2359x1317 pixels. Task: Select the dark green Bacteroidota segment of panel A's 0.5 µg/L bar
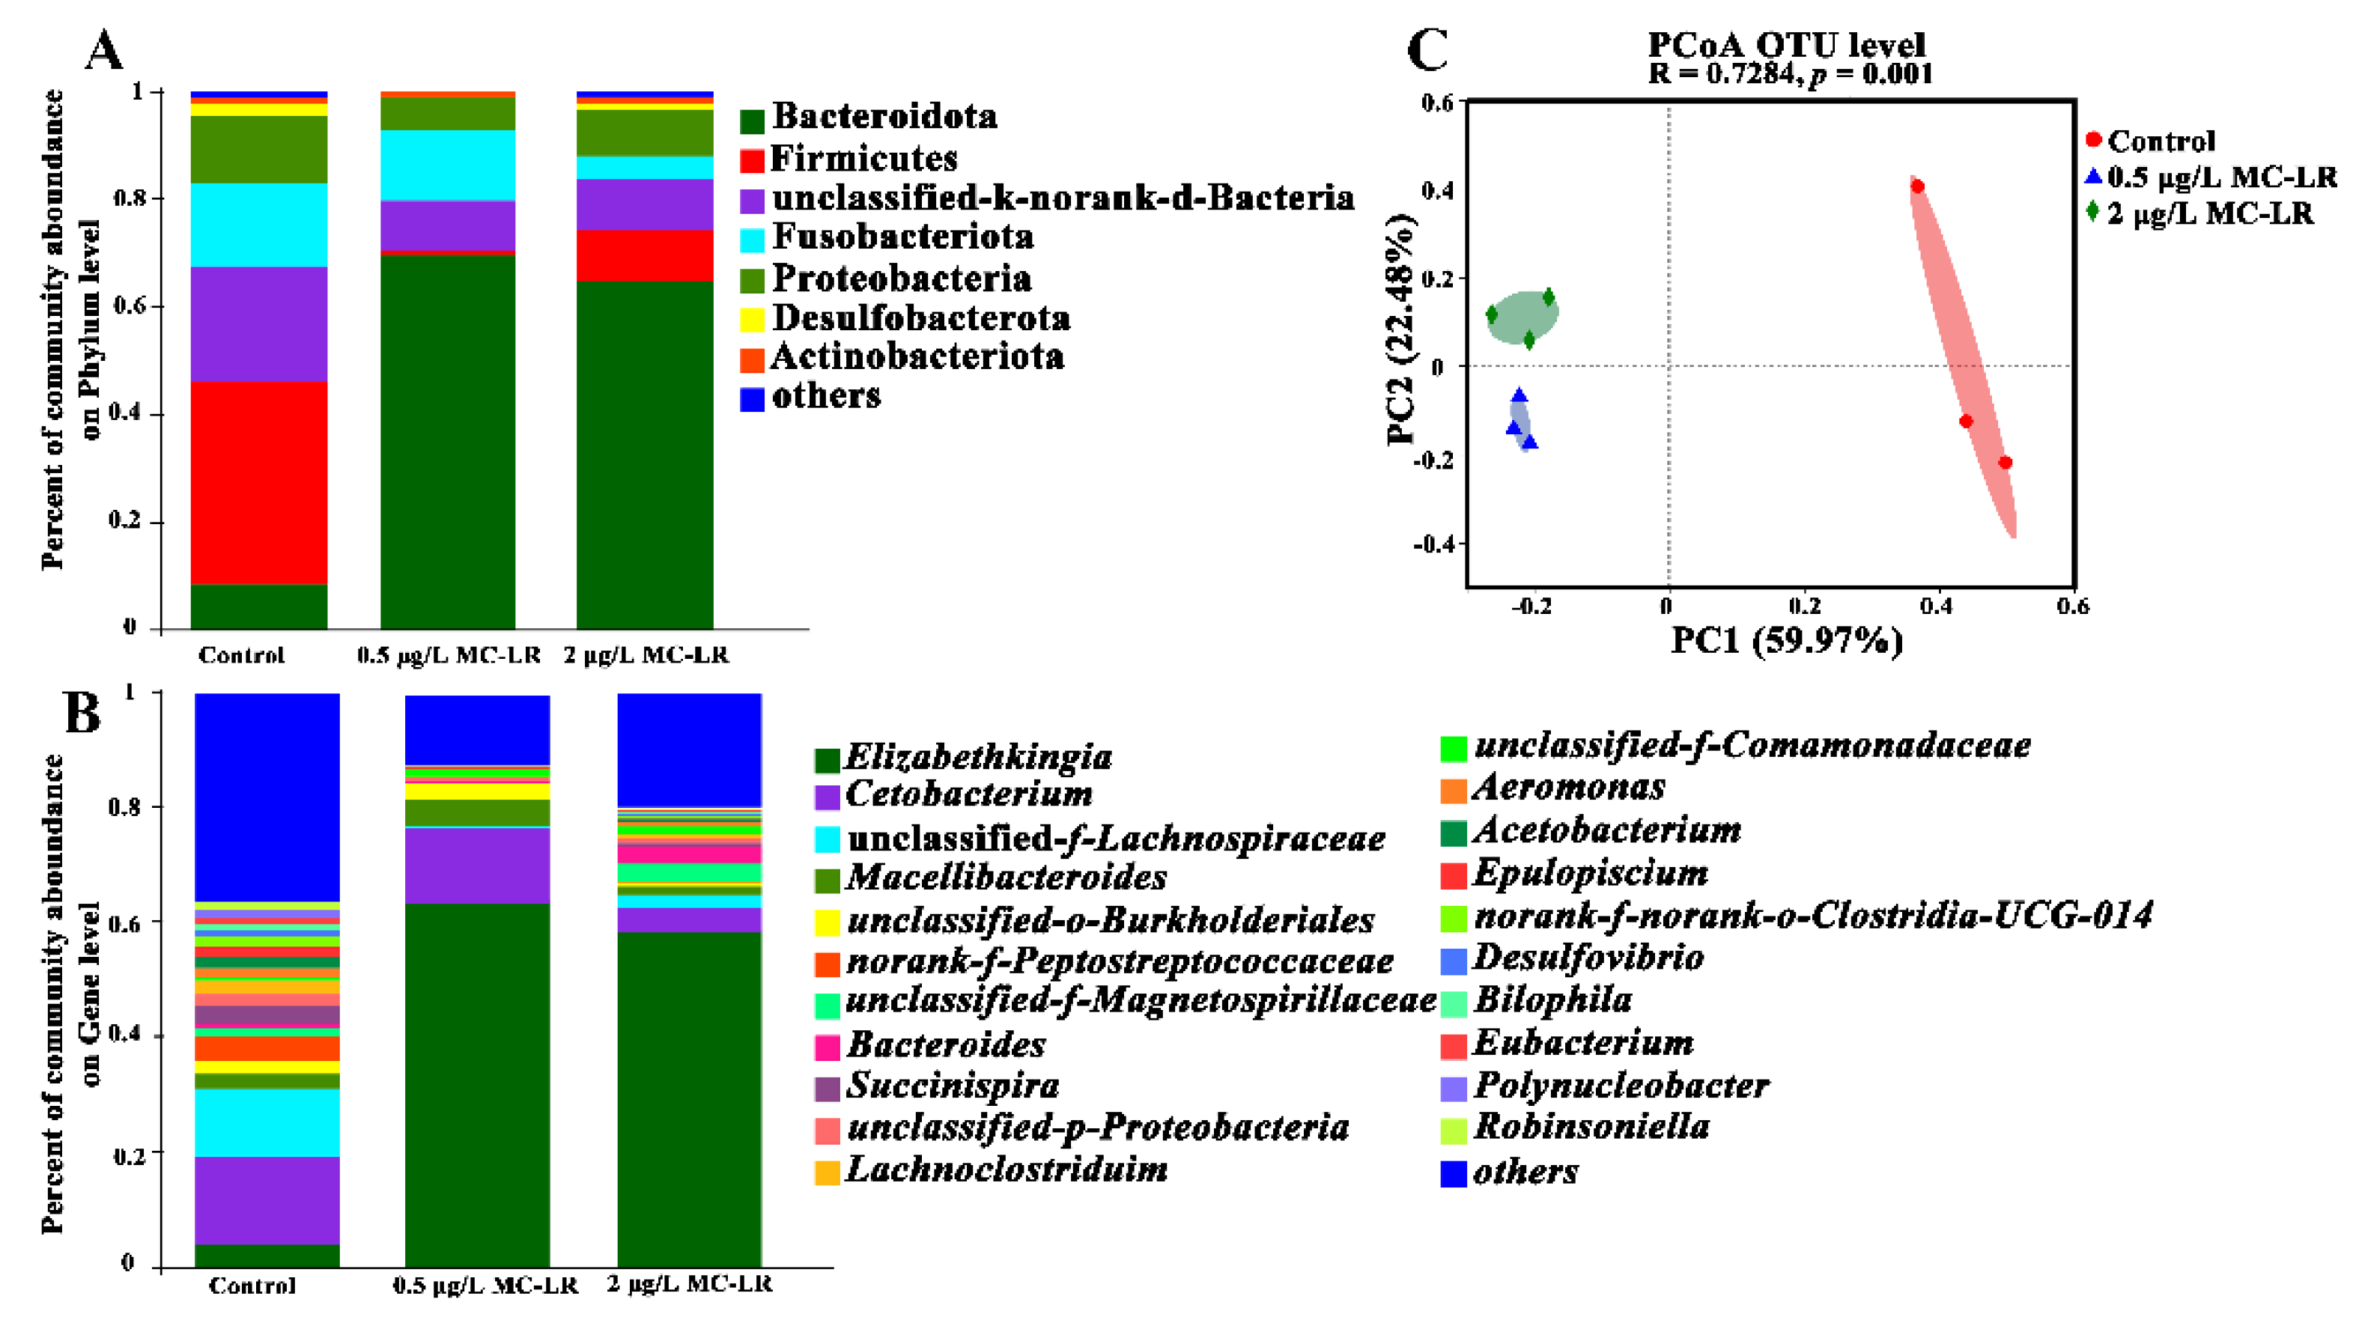448,439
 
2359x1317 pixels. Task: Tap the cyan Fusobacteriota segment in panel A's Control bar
258,225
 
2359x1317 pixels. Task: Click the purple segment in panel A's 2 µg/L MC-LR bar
645,204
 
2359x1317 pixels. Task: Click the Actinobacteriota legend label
917,356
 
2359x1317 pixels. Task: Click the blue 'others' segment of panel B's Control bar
267,797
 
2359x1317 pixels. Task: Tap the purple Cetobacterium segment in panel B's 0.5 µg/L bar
477,866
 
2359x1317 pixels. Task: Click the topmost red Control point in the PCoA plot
1916,187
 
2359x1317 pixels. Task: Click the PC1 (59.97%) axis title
1786,640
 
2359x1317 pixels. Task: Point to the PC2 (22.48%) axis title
1401,329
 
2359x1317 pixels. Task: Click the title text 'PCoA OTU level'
1786,44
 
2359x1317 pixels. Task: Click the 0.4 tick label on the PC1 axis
1935,606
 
